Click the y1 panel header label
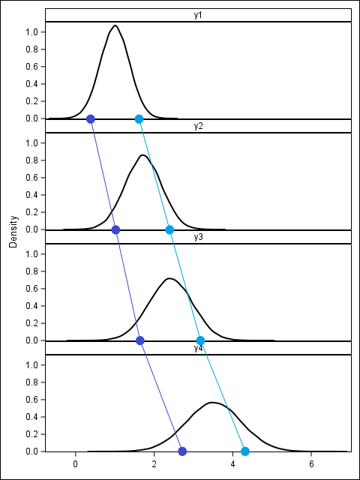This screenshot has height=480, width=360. pos(198,16)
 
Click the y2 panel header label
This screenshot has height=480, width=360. pos(198,127)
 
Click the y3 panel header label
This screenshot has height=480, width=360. pos(198,238)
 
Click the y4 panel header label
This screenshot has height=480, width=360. pos(198,349)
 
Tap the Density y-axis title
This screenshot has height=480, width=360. pos(13,232)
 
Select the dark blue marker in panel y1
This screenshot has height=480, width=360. pos(91,119)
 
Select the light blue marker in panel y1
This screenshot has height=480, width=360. pos(139,119)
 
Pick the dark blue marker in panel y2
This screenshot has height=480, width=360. pos(115,229)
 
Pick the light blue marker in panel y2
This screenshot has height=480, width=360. pos(169,229)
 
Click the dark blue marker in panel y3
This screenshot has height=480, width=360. pos(140,340)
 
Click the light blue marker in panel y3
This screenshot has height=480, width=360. pos(200,340)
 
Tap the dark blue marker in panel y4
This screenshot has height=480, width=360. pos(182,451)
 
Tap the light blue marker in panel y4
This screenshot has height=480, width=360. pos(245,451)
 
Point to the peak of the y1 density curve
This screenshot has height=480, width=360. pos(115,25)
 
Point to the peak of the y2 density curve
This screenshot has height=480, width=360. pos(142,155)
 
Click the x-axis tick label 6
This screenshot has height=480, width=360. pos(311,464)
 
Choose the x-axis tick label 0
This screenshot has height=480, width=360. pos(75,464)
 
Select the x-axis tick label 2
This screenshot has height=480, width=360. pos(154,464)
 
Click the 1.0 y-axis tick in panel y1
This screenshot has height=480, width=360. pos(31,32)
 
